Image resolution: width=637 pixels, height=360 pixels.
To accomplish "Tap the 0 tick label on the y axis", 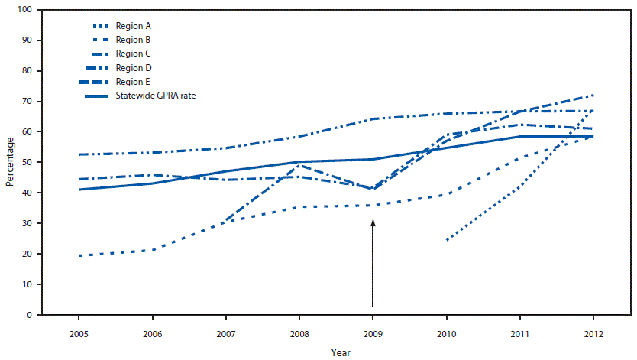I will tap(28, 315).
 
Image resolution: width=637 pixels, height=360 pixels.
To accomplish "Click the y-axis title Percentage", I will tap(10, 162).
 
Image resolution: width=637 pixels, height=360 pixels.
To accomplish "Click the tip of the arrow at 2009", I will tap(373, 219).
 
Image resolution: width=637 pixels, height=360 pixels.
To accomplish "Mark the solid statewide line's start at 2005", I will tap(79, 190).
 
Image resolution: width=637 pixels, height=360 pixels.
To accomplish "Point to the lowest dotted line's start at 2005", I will tap(79, 255).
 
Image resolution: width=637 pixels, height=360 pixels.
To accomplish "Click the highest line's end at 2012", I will tap(593, 95).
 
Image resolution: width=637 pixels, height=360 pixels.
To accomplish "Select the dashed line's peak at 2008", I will tap(299, 165).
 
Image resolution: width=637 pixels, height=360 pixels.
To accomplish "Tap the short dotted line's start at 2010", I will tap(446, 240).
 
